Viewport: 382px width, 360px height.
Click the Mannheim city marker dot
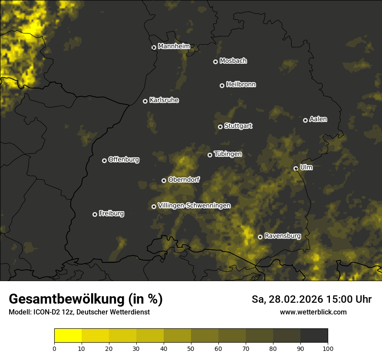click(154, 48)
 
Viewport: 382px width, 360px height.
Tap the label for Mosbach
click(233, 61)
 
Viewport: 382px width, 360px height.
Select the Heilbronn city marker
click(222, 85)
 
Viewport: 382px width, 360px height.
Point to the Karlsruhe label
click(164, 100)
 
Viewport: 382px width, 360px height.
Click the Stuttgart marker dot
click(220, 127)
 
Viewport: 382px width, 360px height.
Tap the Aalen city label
click(318, 119)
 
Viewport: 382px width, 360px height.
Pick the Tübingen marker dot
click(210, 155)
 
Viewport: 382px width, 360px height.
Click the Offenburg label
click(124, 160)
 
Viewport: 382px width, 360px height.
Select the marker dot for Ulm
click(296, 168)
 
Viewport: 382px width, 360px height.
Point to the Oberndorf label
click(184, 180)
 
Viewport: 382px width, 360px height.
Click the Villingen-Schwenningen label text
click(194, 206)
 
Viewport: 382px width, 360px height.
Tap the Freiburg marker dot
click(95, 214)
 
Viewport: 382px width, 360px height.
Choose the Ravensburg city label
click(283, 236)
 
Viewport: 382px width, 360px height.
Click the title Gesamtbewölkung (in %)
click(86, 299)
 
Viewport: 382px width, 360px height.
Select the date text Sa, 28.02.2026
click(287, 299)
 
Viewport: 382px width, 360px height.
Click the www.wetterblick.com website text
click(313, 312)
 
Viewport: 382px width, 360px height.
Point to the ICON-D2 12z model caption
click(79, 312)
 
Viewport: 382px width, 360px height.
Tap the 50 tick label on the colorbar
click(191, 348)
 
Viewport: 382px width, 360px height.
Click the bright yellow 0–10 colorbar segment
click(68, 336)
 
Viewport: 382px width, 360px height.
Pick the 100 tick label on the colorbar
click(328, 348)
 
